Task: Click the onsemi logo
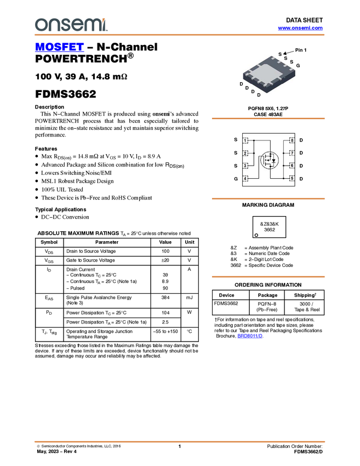71,25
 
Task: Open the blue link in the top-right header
300,28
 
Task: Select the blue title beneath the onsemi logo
59,47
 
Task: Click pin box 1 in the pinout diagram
245,141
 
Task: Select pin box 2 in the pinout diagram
245,154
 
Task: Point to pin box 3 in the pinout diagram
245,166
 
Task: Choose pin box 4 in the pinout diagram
245,178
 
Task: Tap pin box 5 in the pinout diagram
292,178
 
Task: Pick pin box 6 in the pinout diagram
292,166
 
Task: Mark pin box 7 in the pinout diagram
292,154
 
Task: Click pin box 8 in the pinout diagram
292,141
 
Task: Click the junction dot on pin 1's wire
254,141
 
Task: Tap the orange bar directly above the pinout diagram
268,118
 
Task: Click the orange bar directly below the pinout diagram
268,198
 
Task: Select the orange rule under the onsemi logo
179,35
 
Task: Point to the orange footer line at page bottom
179,441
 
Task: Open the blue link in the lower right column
250,336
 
